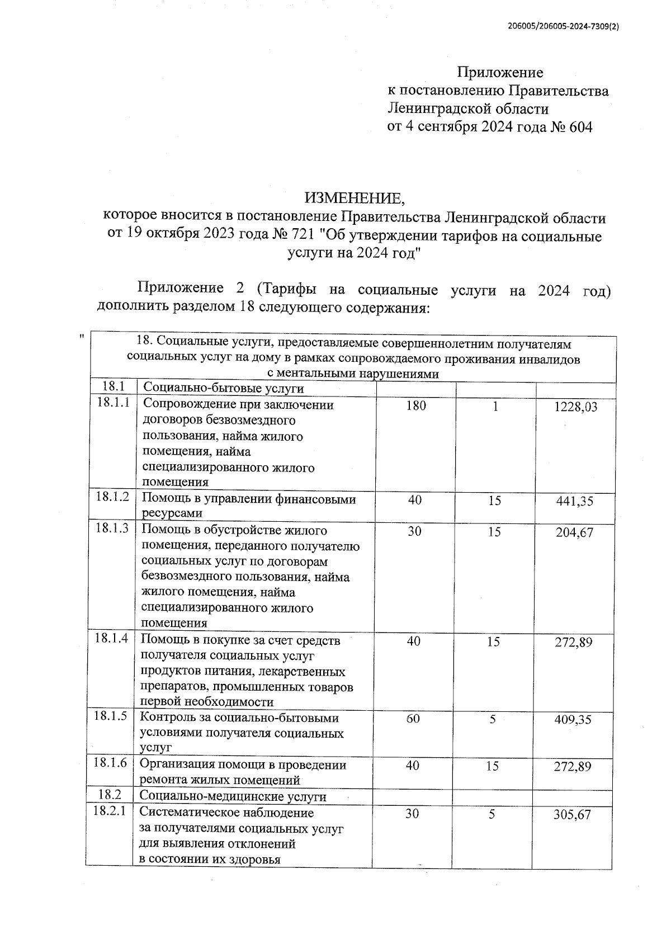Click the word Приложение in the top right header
pyautogui.click(x=500, y=72)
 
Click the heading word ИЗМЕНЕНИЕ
pyautogui.click(x=353, y=198)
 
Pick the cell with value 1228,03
pyautogui.click(x=575, y=408)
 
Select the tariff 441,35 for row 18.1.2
pyautogui.click(x=574, y=502)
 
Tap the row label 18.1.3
pyautogui.click(x=112, y=528)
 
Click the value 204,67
pyautogui.click(x=574, y=533)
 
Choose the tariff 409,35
pyautogui.click(x=573, y=720)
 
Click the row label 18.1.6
pyautogui.click(x=111, y=763)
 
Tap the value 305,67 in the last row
pyautogui.click(x=572, y=815)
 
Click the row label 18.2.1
pyautogui.click(x=110, y=811)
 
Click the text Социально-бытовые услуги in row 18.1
pyautogui.click(x=224, y=388)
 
